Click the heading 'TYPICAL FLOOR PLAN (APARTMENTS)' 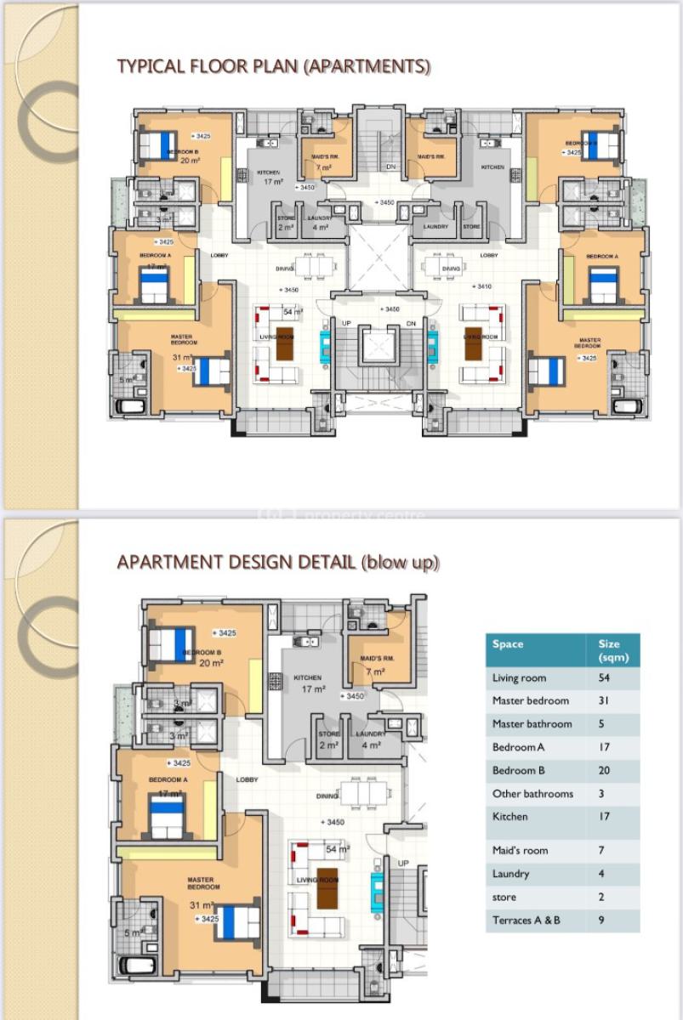tap(273, 66)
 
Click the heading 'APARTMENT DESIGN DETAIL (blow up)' tap(278, 563)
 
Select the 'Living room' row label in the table tap(519, 678)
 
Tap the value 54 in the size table tap(605, 678)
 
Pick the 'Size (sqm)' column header tap(610, 650)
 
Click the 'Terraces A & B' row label tap(526, 921)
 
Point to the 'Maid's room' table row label tap(520, 851)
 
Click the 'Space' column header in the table tap(508, 644)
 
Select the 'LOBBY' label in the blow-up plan tap(248, 779)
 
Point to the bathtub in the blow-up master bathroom tap(135, 966)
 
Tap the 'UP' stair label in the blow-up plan tap(403, 864)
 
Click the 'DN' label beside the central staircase tap(411, 324)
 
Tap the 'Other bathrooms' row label tap(532, 794)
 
